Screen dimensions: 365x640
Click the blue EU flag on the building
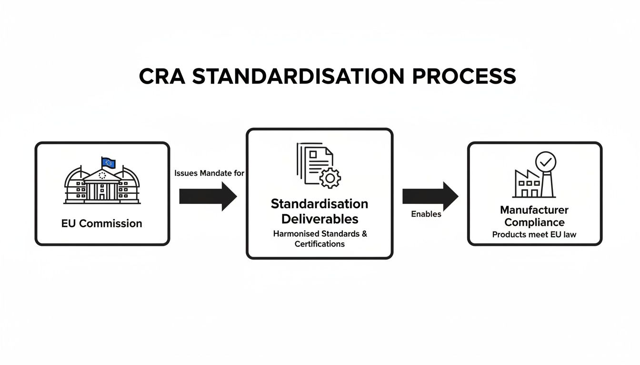coord(109,163)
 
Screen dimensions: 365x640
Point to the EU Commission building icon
coord(102,185)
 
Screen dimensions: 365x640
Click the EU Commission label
coord(101,223)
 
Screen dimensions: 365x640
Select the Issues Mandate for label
coord(209,173)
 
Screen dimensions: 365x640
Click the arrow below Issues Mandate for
coord(208,196)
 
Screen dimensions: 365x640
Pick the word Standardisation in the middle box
coord(319,204)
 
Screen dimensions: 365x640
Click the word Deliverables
coord(319,219)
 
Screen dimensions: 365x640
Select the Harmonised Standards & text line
coord(320,234)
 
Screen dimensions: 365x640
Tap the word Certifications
coord(319,244)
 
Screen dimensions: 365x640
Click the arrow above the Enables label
coord(430,196)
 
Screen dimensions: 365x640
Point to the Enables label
coord(426,214)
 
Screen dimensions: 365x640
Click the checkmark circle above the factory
coord(545,162)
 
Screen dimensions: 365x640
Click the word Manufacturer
coord(534,210)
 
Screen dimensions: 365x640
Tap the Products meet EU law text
coord(534,235)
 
